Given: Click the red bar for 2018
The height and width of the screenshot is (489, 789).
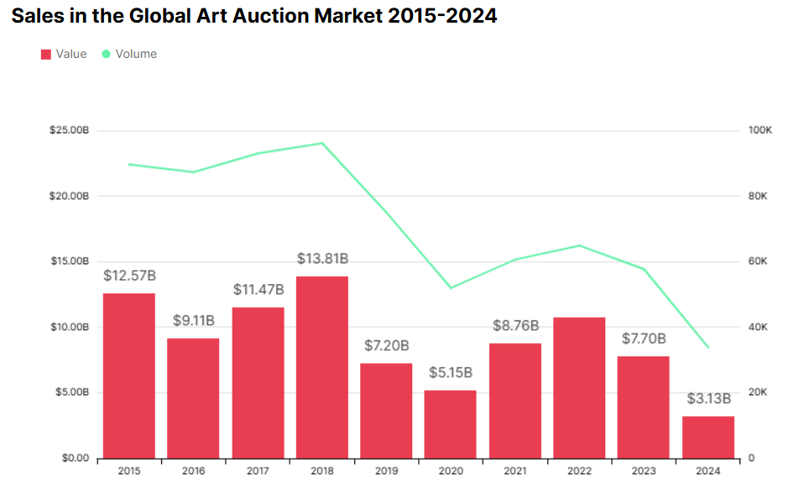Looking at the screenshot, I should point(322,367).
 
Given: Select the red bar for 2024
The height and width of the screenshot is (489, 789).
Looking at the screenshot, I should point(708,437).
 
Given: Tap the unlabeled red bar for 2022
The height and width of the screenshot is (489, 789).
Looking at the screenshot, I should point(580,388).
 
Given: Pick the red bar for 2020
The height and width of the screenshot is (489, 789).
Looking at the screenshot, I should point(451,424).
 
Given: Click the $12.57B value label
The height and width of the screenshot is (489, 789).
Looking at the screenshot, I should point(129,276).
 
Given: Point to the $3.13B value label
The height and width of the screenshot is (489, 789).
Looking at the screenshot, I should point(708,398).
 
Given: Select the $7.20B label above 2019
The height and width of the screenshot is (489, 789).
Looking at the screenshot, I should point(387,346).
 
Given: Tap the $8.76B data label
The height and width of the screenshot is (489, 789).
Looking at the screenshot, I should point(515,325).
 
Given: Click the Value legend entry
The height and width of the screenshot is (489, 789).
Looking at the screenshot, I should point(64,54).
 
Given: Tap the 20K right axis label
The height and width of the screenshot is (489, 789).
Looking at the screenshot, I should point(758,393).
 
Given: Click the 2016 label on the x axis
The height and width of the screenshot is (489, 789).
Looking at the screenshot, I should point(194,471).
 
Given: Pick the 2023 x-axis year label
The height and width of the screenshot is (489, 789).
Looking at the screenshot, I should point(644,471).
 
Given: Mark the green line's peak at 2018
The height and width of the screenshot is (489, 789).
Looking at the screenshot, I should point(322,143).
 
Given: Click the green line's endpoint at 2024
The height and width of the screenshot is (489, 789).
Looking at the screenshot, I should point(708,347).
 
